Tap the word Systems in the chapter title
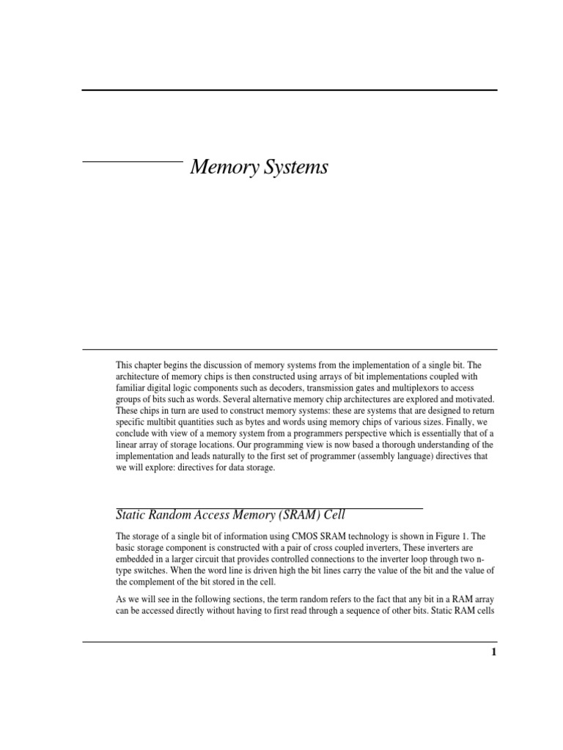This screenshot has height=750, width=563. click(292, 168)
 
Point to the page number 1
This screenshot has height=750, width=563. click(494, 653)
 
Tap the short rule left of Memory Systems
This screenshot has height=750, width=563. click(132, 160)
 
